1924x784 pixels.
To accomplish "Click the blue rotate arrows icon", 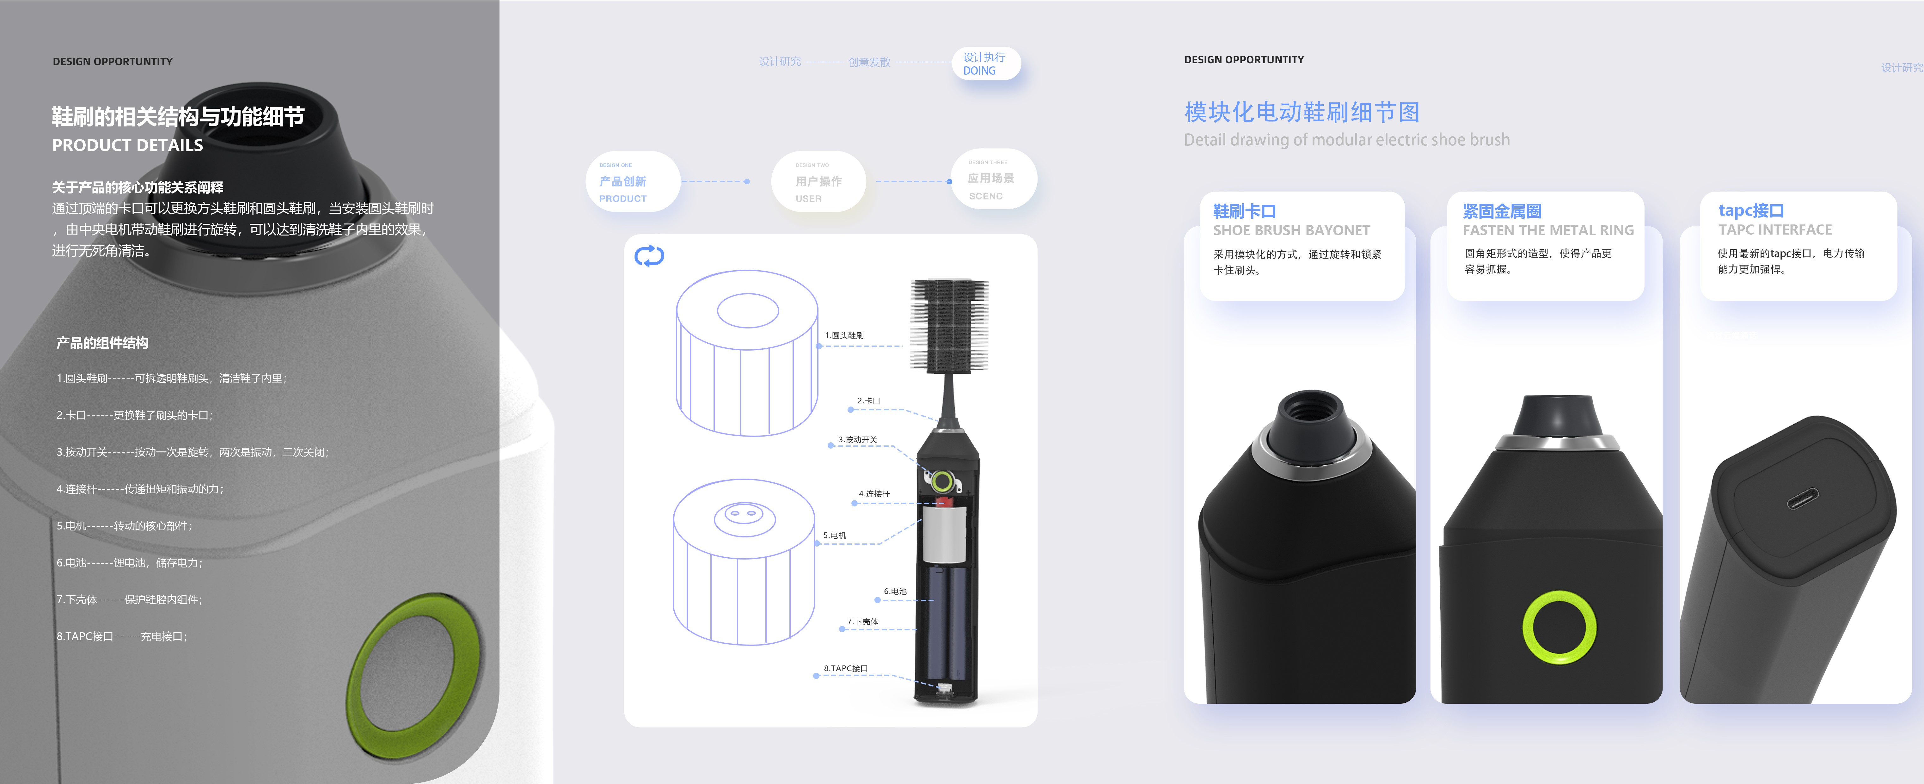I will (648, 256).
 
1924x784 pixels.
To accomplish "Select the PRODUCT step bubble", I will (632, 181).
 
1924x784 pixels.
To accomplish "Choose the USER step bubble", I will (818, 181).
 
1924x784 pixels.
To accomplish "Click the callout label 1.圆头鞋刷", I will (844, 335).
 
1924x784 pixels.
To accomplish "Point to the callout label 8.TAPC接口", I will (845, 668).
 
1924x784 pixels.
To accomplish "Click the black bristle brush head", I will (948, 325).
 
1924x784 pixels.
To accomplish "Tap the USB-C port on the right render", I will (1802, 498).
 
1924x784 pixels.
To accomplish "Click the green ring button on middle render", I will (1559, 627).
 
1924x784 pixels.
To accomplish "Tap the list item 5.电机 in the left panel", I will (124, 526).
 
